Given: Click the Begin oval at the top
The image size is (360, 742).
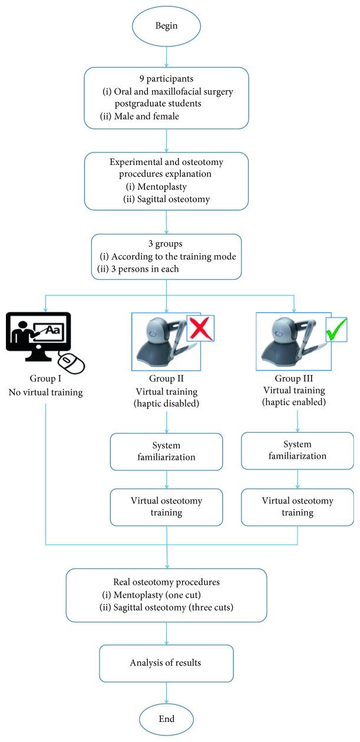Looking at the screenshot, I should pos(167,26).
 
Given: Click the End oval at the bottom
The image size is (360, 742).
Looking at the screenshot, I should pos(167,718).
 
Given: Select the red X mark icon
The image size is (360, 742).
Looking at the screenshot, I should pos(200,328).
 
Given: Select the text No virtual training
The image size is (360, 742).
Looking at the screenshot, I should pos(45,392).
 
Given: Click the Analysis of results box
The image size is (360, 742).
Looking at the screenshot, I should pos(167,662).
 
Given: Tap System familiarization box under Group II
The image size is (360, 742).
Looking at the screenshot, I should pos(167,451).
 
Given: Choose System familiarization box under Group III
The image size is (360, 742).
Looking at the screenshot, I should pos(298,451).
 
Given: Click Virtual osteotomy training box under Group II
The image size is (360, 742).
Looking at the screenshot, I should pos(167,506).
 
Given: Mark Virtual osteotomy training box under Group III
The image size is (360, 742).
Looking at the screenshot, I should pos(298,506).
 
